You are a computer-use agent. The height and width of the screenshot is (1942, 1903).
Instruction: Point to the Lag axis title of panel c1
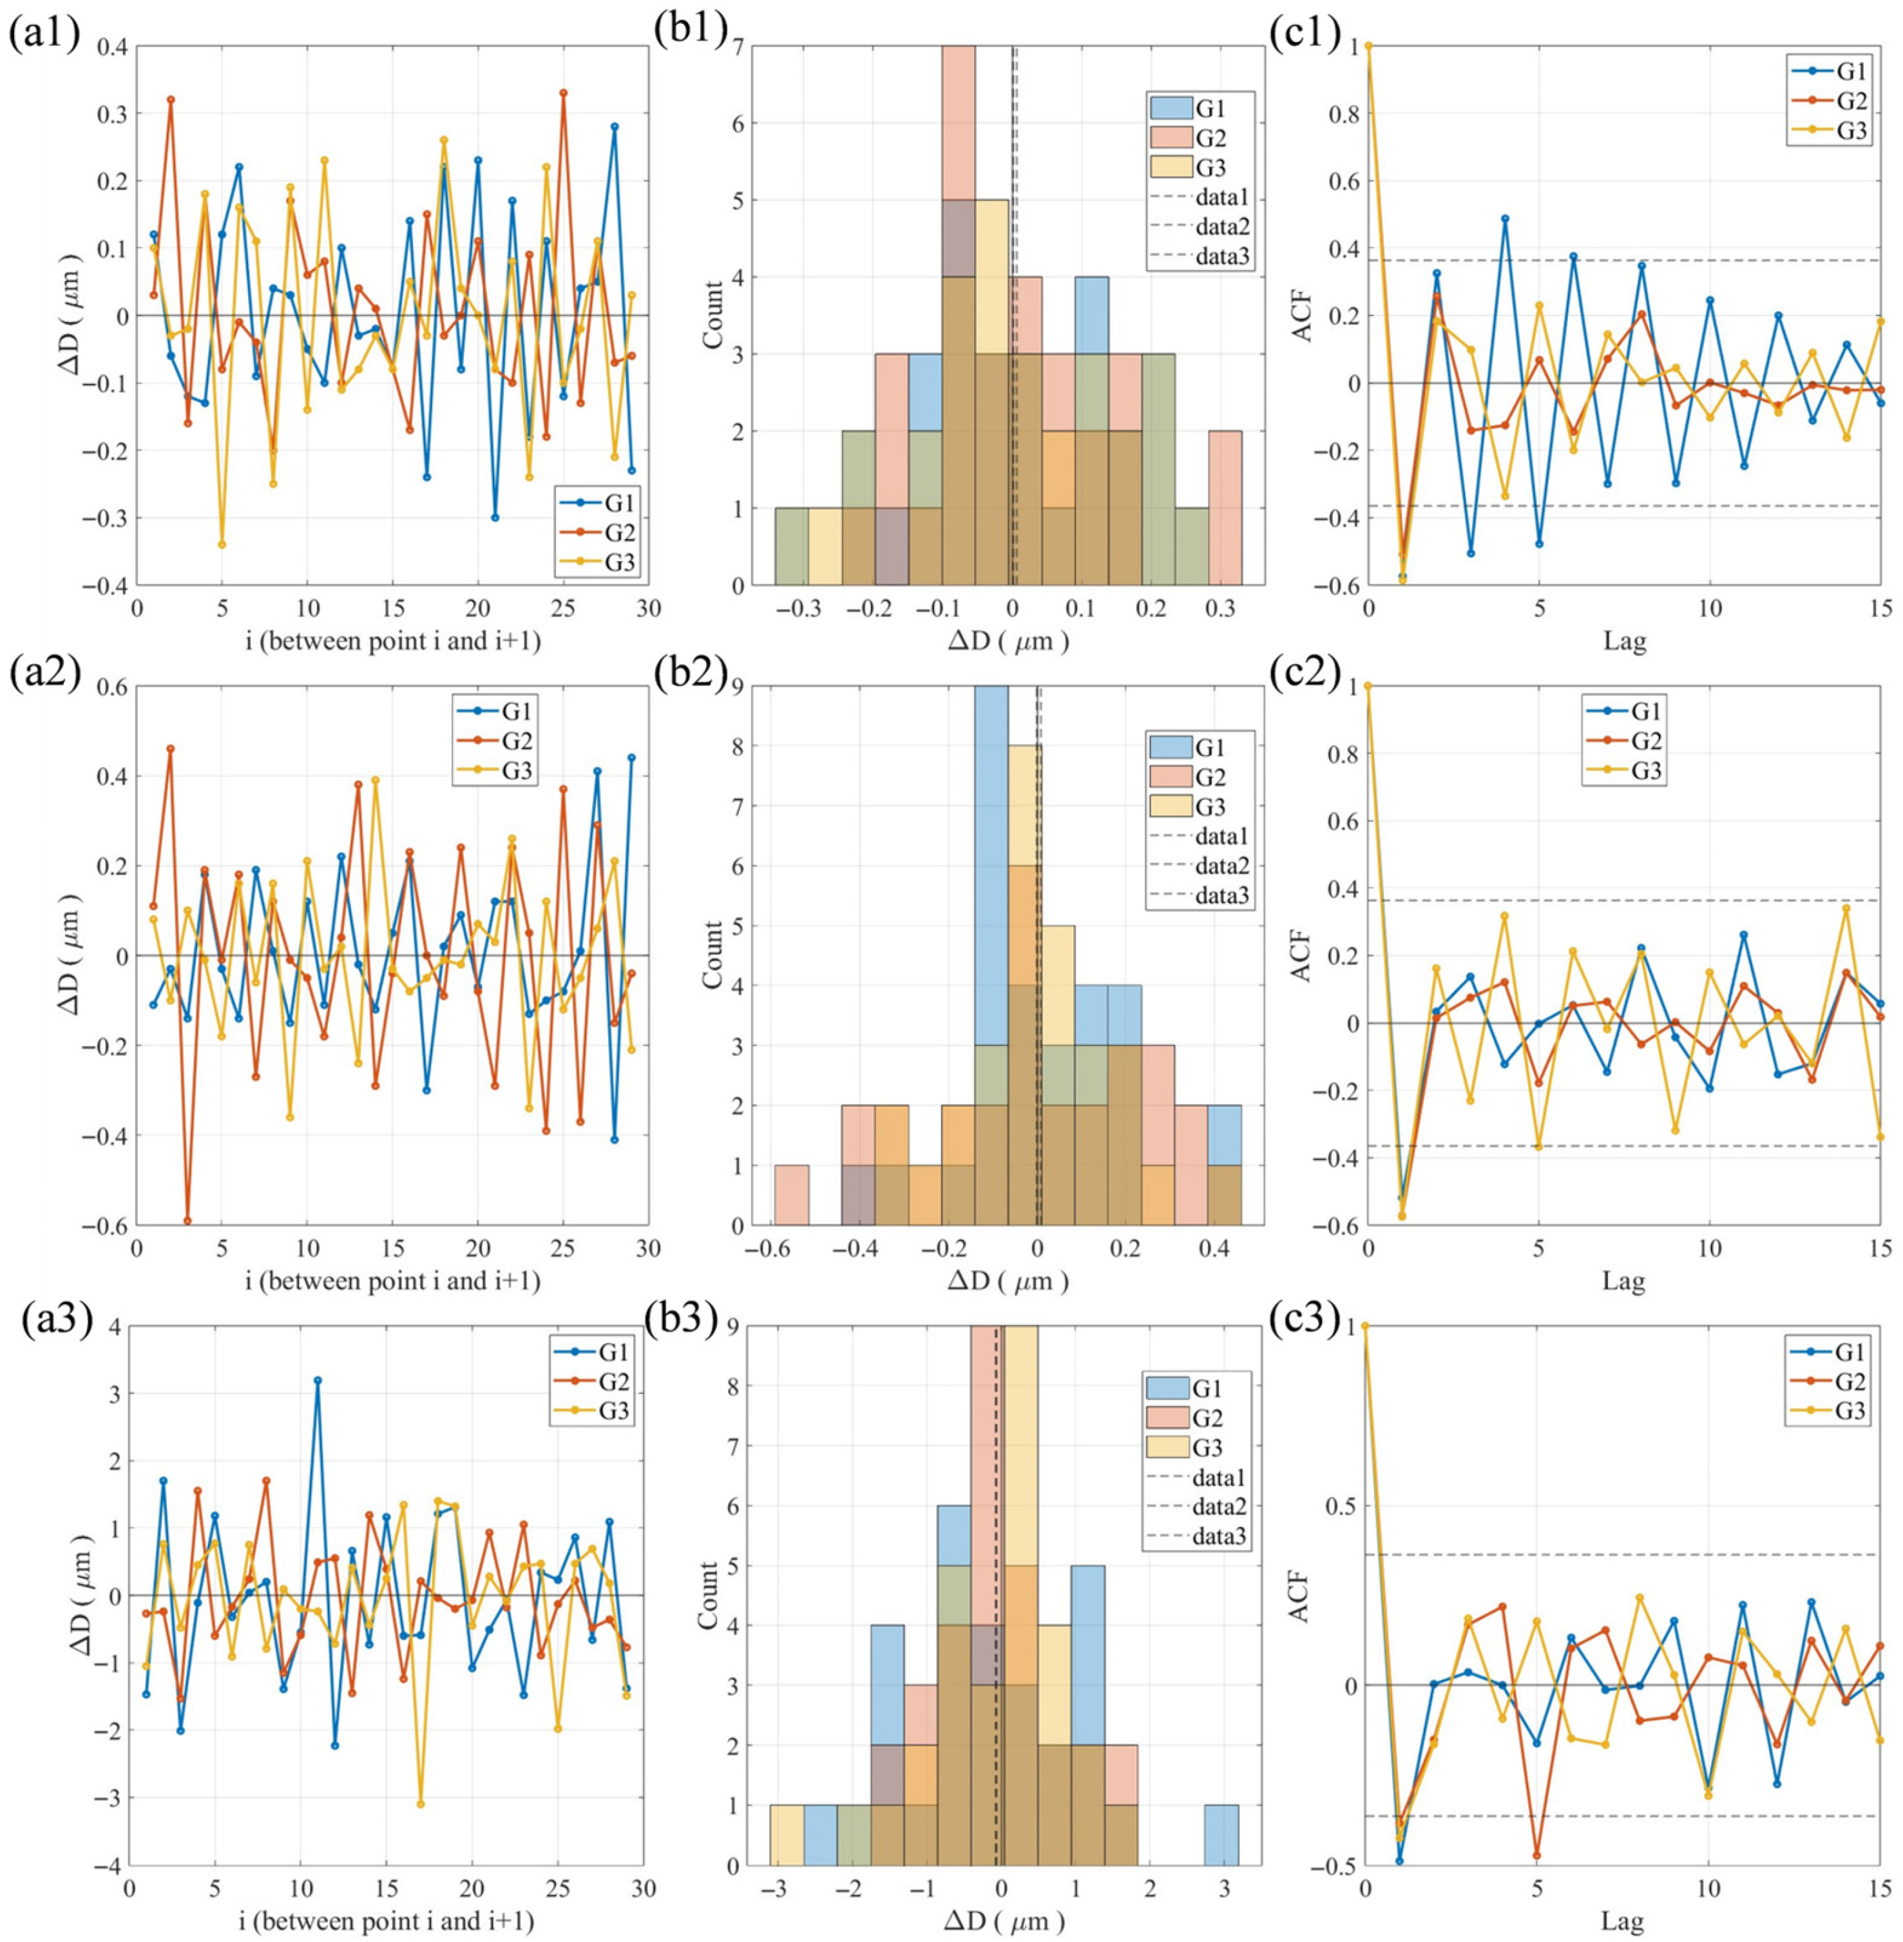(x=1623, y=639)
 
